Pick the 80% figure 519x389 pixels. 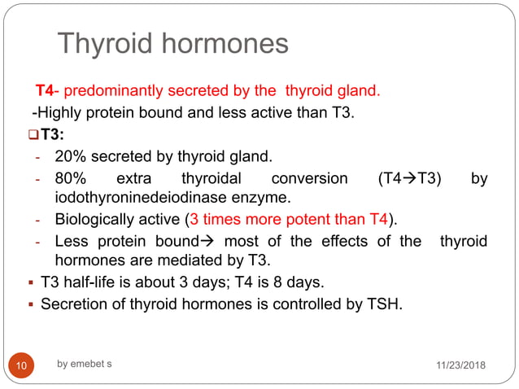[x=70, y=179]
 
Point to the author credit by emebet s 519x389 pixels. [x=85, y=363]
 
